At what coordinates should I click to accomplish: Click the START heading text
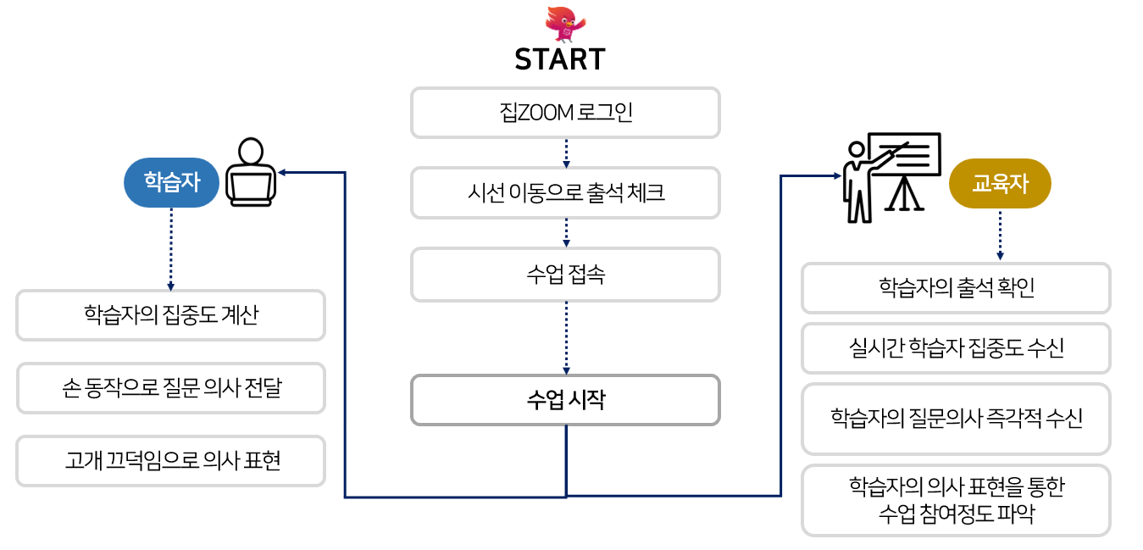[560, 60]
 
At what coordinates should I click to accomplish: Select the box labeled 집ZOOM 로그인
[565, 113]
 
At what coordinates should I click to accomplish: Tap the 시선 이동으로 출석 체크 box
[565, 193]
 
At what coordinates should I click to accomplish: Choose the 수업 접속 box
[565, 275]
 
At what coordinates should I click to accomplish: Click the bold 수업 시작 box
[565, 400]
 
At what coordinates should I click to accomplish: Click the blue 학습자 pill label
[171, 182]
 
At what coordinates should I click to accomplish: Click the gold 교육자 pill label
[1000, 183]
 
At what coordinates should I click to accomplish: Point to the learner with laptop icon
[250, 172]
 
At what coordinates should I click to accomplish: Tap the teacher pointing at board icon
[891, 176]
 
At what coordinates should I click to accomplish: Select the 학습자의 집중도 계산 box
[170, 315]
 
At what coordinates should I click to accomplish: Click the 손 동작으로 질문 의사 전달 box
[170, 388]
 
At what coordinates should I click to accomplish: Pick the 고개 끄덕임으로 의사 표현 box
[170, 461]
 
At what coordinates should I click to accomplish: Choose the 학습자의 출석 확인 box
[956, 288]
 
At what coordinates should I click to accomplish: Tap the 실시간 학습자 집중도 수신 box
[956, 348]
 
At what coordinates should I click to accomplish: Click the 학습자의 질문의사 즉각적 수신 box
[956, 419]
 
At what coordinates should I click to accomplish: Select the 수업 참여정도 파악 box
[956, 500]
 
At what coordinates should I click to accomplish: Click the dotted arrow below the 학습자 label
[171, 250]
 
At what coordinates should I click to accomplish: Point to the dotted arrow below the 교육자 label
[1000, 235]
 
